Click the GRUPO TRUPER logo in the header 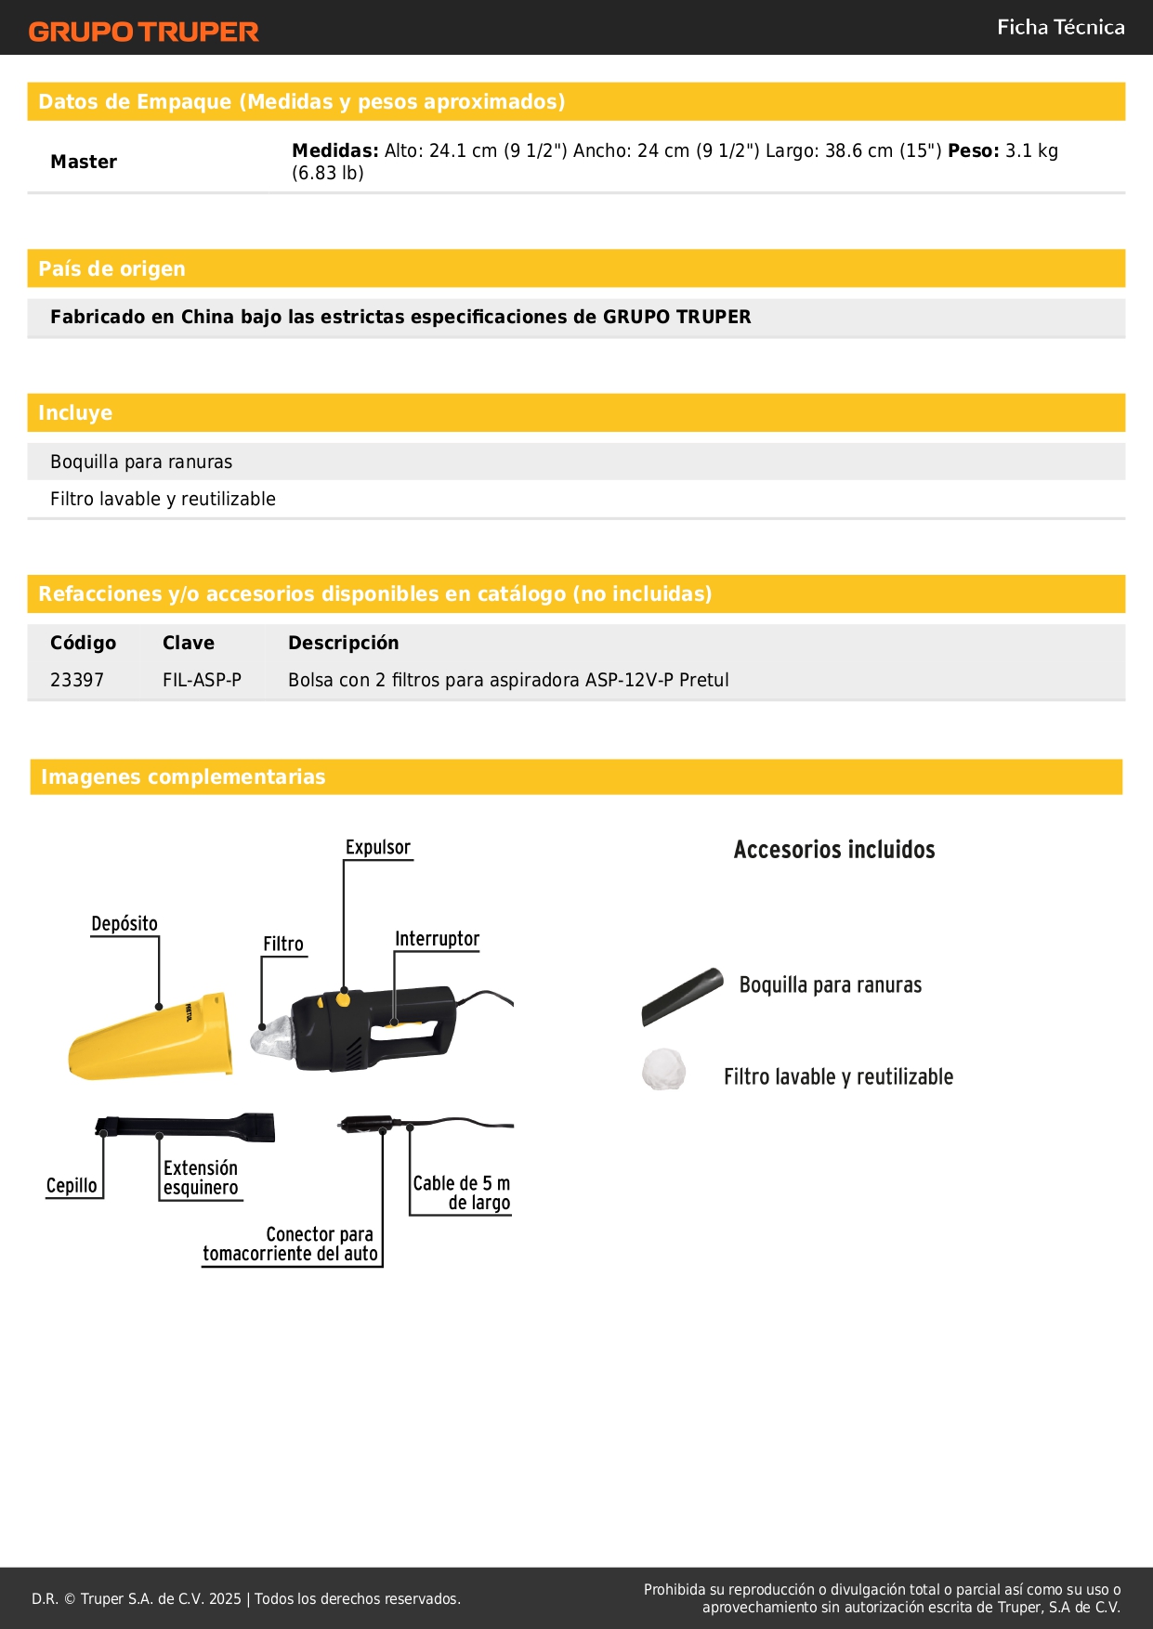pos(143,32)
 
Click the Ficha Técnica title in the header pos(1060,28)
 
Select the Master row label pos(84,162)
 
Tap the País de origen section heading pos(111,268)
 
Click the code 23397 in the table pos(77,680)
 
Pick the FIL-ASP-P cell pos(202,680)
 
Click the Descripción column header pos(343,643)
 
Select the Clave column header pos(188,643)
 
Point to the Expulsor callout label pos(377,847)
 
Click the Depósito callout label pos(124,923)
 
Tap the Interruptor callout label pos(437,939)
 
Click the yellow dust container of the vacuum pos(149,1040)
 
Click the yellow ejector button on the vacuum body pos(344,999)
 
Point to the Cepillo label pos(72,1186)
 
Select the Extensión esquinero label pos(201,1178)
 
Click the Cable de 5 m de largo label pos(462,1192)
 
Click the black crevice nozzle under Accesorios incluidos pos(682,997)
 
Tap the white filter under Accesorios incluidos pos(663,1069)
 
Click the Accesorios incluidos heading pos(833,850)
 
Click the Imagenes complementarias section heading pos(183,776)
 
